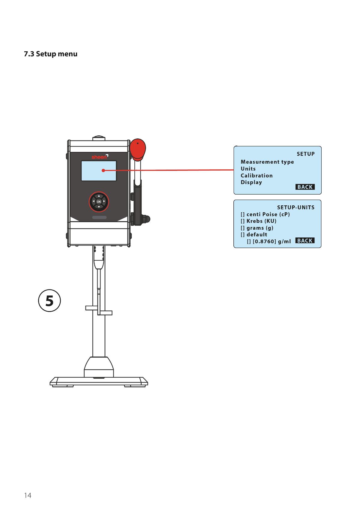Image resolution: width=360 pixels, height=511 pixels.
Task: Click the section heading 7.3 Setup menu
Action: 51,54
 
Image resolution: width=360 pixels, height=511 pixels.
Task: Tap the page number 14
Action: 28,495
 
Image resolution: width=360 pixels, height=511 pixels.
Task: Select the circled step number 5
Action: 49,301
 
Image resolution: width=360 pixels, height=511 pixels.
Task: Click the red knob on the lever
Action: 138,148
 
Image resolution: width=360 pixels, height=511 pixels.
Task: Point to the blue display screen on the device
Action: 99,171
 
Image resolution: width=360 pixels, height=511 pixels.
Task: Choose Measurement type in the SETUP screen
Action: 267,162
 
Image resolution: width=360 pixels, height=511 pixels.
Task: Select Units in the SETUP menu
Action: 248,169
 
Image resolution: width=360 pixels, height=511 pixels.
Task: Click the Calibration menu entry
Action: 256,176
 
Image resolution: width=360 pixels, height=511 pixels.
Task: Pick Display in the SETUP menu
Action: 251,183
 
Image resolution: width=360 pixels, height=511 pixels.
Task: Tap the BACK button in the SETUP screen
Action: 305,187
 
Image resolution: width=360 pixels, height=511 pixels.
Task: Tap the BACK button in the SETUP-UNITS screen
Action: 305,240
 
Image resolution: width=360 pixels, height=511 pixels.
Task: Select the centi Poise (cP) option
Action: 268,214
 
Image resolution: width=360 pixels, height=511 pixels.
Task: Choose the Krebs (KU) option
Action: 261,221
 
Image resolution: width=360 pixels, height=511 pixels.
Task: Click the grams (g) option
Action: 260,228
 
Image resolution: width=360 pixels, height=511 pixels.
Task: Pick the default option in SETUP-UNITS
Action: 257,235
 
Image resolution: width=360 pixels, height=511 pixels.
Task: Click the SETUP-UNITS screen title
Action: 296,207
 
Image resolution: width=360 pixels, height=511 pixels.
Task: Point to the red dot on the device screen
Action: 103,171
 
